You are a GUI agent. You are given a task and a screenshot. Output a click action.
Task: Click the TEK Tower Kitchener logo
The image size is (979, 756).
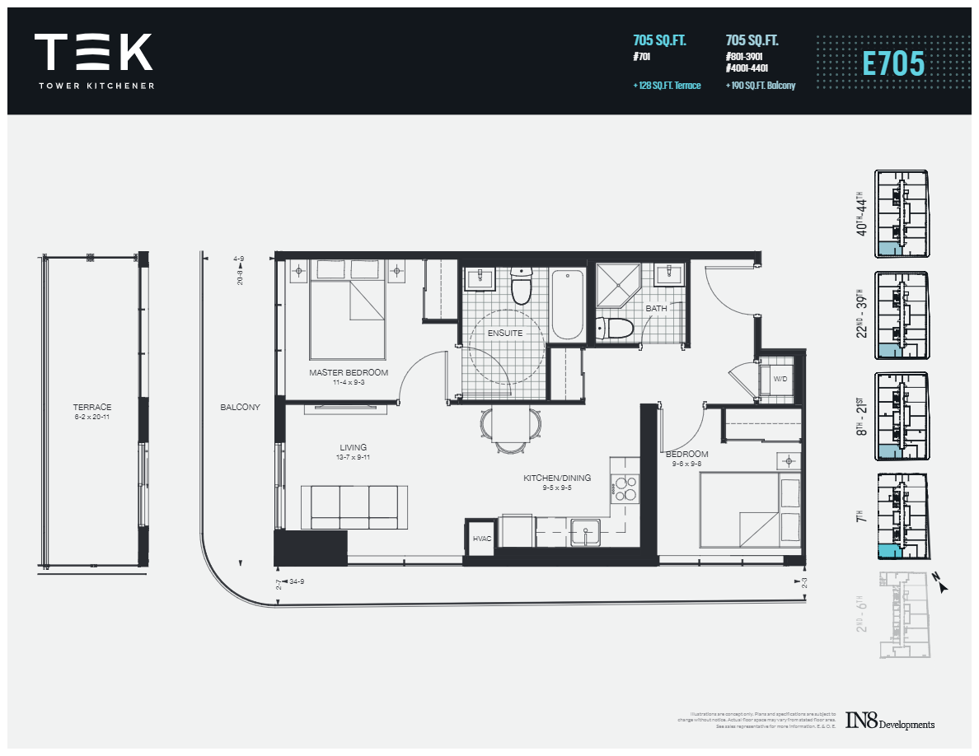pyautogui.click(x=93, y=60)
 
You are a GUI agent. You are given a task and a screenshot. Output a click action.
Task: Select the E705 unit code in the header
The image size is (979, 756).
pyautogui.click(x=893, y=63)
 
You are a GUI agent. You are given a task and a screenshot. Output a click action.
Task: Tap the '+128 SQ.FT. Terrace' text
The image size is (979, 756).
pyautogui.click(x=667, y=86)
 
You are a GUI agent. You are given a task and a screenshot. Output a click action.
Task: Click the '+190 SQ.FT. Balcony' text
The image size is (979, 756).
pyautogui.click(x=760, y=86)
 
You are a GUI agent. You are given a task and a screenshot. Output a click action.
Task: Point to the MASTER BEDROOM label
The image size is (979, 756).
pyautogui.click(x=349, y=373)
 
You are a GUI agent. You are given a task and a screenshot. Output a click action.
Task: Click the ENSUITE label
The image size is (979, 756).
pyautogui.click(x=505, y=333)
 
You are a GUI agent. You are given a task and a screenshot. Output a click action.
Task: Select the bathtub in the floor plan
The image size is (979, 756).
pyautogui.click(x=567, y=304)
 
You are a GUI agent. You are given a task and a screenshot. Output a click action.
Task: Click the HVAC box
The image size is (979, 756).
pyautogui.click(x=481, y=539)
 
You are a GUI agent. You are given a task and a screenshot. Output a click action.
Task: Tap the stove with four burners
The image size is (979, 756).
pyautogui.click(x=625, y=489)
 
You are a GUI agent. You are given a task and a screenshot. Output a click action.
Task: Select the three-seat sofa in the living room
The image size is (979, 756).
pyautogui.click(x=354, y=506)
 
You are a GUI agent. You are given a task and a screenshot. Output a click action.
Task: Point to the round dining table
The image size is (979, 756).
pyautogui.click(x=511, y=426)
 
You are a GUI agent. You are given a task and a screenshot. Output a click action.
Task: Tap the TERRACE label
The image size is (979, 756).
pyautogui.click(x=91, y=407)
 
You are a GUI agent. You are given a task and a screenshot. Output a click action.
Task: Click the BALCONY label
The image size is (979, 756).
pyautogui.click(x=240, y=407)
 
